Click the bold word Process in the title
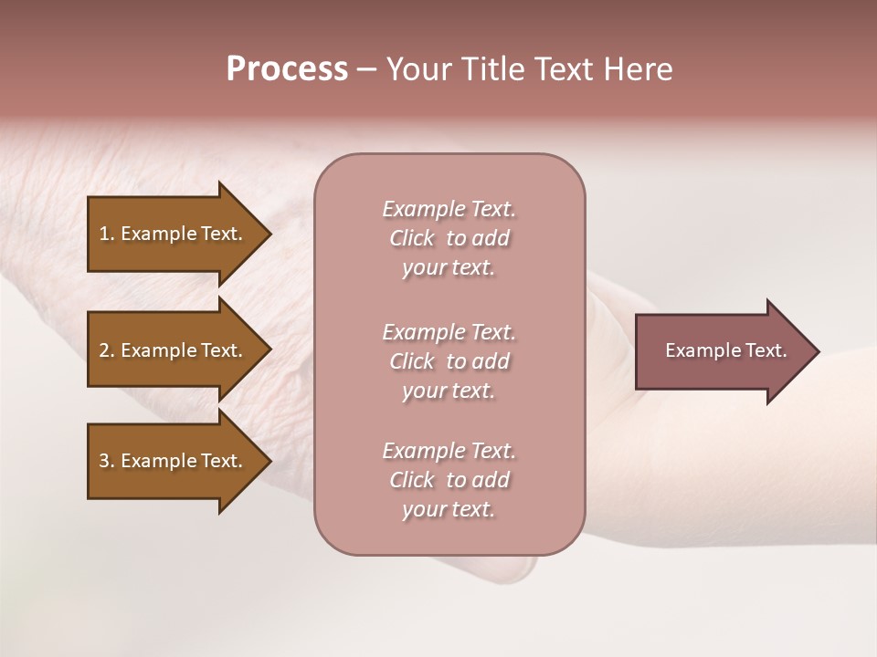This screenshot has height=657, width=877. (x=287, y=69)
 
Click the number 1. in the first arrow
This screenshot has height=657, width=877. (x=107, y=234)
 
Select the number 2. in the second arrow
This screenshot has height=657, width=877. (x=107, y=350)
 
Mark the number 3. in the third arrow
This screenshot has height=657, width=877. (x=107, y=461)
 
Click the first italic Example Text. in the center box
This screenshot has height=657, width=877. (x=449, y=209)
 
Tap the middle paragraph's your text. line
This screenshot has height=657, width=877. (x=449, y=391)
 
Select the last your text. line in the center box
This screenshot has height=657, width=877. (x=449, y=509)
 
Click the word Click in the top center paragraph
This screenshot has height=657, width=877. (x=412, y=238)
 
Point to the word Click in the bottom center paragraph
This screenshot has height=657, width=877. (x=412, y=480)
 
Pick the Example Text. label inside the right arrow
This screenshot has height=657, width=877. (x=725, y=350)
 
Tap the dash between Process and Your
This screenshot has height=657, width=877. (x=366, y=70)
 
